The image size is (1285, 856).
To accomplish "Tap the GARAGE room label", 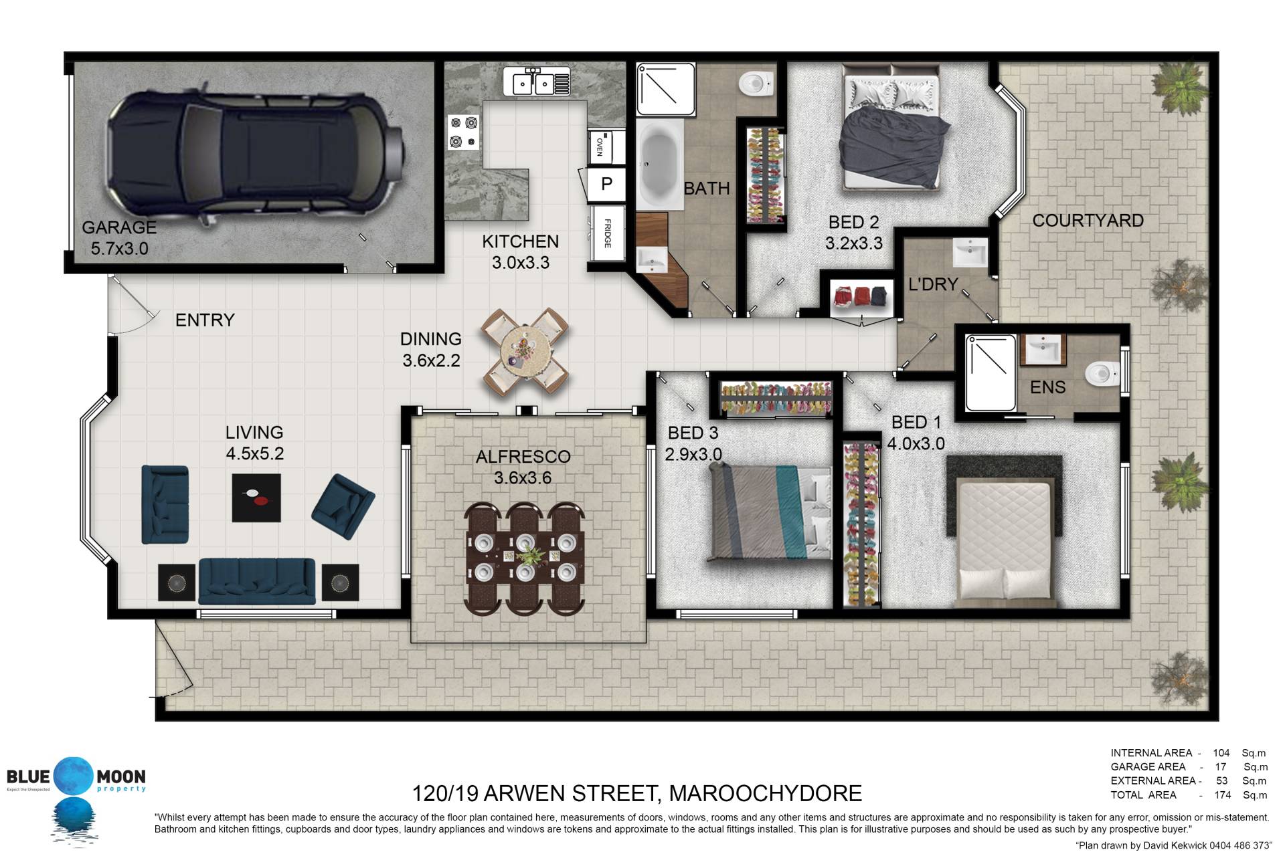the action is coord(119,227).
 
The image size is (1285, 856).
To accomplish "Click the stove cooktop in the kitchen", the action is coord(464,132).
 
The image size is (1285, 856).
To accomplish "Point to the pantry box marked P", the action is coord(606,184).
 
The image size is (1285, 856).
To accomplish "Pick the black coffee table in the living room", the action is coord(256,498).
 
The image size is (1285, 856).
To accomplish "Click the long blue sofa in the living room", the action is coord(257,581).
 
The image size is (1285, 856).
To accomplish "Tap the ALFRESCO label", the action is coord(523,457).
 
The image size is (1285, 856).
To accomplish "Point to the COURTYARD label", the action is coord(1088,221).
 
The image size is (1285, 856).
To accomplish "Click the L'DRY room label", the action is coord(933,284).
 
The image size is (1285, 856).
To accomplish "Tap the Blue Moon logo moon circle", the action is coord(74,776).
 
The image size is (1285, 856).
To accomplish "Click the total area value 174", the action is coord(1222,795).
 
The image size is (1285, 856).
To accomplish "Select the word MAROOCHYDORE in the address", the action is coord(766,794).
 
